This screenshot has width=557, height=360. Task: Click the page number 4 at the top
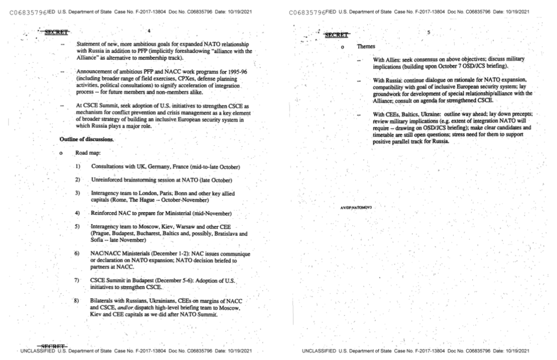click(149, 31)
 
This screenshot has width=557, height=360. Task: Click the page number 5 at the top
click(429, 33)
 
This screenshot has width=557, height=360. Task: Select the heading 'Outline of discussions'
click(86, 139)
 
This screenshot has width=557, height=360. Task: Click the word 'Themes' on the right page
click(366, 46)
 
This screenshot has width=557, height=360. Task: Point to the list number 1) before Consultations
click(78, 166)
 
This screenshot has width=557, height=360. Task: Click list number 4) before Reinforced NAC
click(77, 213)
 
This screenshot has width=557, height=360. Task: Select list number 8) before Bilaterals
click(76, 301)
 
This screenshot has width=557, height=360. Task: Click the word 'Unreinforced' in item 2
click(107, 180)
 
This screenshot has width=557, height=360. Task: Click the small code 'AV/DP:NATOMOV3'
click(356, 208)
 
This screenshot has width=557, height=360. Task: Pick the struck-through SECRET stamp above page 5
click(336, 35)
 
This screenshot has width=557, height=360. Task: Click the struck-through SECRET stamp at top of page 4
click(56, 32)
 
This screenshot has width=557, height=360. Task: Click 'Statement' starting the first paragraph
click(87, 44)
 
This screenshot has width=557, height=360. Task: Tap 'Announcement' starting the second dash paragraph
click(92, 72)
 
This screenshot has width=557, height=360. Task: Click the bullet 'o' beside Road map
click(61, 153)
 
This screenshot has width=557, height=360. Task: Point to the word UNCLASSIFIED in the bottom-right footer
click(319, 351)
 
